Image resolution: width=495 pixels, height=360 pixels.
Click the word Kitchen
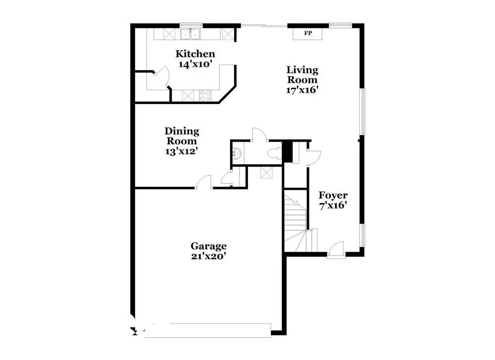point(196,54)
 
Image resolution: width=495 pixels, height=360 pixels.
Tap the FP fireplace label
point(307,34)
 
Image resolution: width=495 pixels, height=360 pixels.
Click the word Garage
point(209,246)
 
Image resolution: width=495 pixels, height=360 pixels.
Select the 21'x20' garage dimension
point(209,256)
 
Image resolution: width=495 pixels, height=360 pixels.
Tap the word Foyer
point(333,195)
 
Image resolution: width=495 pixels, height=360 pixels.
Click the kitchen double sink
point(191,34)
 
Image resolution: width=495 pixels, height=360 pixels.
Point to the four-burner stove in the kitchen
point(205,96)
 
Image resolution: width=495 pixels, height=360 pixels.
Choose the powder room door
point(259,135)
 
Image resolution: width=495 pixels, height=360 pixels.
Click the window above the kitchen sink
point(191,24)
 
